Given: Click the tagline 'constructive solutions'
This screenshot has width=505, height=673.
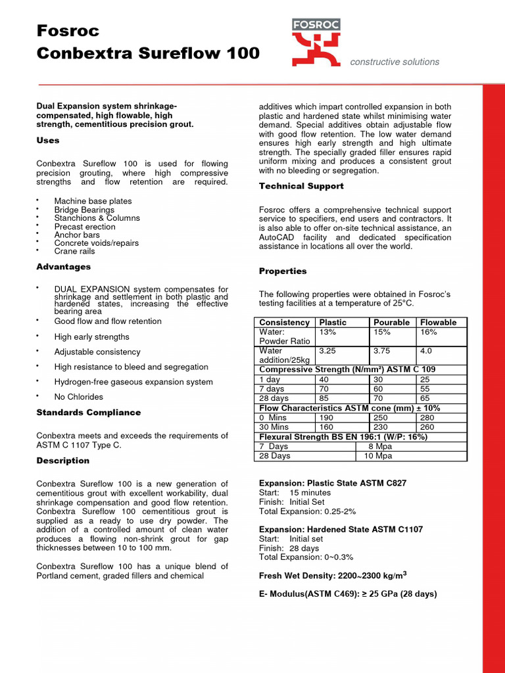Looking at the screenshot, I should click(x=395, y=62).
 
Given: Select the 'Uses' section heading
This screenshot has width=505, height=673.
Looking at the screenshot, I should click(x=48, y=140).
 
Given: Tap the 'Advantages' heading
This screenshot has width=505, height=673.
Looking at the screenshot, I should click(x=64, y=267).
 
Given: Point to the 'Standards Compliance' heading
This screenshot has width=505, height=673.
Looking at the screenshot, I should click(x=89, y=412).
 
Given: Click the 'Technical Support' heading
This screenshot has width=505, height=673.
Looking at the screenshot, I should click(x=301, y=186).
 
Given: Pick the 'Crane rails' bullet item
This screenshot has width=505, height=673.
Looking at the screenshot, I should click(x=74, y=251).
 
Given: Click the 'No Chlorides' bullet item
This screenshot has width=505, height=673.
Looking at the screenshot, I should click(x=79, y=397).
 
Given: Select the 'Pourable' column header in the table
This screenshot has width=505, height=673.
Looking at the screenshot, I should click(x=391, y=322).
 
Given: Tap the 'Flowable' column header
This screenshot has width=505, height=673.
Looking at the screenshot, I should click(x=438, y=322).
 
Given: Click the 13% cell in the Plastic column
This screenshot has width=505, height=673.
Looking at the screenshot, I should click(x=327, y=332).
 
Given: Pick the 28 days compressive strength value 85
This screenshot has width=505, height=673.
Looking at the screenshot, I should click(x=324, y=398).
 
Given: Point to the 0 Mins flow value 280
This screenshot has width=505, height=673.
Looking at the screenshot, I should click(x=428, y=417).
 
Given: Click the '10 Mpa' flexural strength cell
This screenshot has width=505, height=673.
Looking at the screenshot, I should click(x=378, y=455).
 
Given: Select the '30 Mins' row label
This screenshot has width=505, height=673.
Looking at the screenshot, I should click(x=274, y=427).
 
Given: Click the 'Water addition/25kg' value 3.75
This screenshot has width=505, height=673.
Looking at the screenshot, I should click(x=382, y=351).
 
